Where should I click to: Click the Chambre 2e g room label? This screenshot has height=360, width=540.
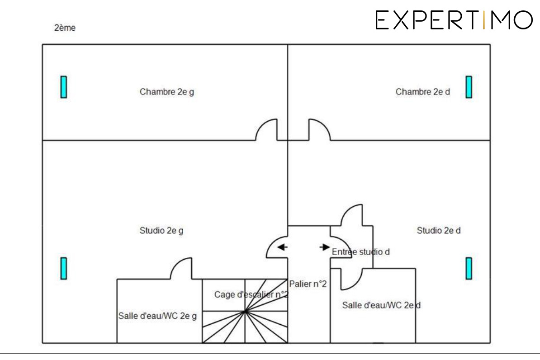click(167, 92)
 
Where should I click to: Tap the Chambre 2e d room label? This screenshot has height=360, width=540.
click(422, 92)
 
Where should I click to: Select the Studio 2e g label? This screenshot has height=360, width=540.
click(161, 231)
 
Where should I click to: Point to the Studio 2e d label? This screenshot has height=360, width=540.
click(438, 231)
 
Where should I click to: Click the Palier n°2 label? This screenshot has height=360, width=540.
click(308, 284)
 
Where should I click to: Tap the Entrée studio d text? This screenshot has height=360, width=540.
click(360, 252)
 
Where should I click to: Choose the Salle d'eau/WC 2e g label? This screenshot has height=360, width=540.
click(157, 316)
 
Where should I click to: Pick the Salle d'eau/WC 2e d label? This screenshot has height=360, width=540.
click(381, 305)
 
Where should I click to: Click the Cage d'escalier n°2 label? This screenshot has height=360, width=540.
click(251, 294)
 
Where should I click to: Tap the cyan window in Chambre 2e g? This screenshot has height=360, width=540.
click(64, 87)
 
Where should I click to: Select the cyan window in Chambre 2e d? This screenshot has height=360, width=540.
click(469, 87)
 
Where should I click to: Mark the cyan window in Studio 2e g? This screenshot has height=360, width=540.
click(64, 268)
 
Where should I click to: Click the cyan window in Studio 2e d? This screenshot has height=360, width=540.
click(469, 268)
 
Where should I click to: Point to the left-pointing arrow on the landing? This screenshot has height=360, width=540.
click(282, 247)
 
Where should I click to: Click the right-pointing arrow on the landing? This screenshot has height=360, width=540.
click(325, 247)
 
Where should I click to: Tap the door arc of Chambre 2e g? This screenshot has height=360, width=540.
click(262, 125)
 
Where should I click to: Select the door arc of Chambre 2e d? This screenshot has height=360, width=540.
click(324, 125)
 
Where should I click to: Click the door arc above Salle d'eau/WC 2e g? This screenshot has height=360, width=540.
click(177, 264)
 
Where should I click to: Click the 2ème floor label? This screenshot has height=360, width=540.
click(65, 28)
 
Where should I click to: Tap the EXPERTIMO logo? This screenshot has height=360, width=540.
click(454, 20)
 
